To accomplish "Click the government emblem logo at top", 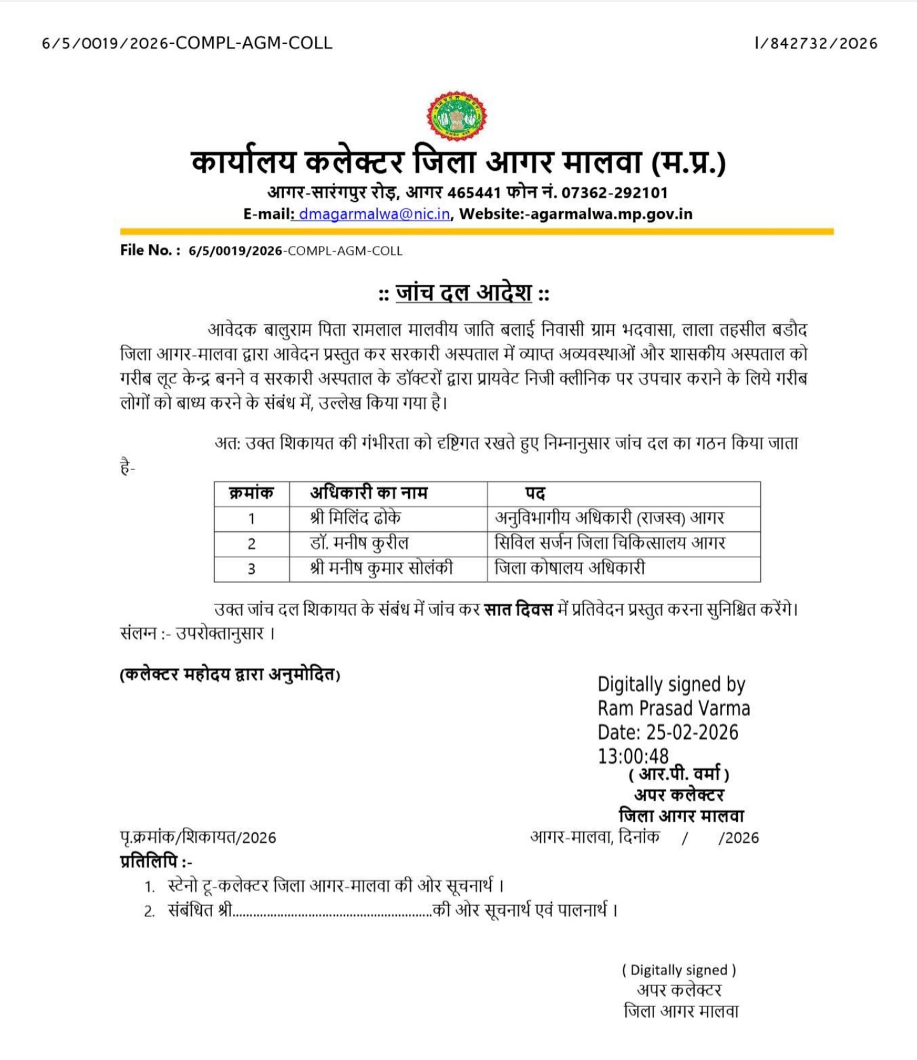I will [457, 116].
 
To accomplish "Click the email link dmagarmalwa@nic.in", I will [374, 214].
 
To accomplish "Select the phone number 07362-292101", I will [615, 192].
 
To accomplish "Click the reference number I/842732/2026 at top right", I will [816, 43].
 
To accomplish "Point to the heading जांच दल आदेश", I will [464, 293].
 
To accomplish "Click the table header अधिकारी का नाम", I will [369, 493].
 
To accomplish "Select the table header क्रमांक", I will [251, 493].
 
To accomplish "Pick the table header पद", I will [535, 494].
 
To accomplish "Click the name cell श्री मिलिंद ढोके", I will [355, 518].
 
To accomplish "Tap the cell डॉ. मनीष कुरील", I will [359, 543].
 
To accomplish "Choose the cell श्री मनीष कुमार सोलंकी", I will [381, 568].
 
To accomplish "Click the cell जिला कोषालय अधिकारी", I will [570, 568].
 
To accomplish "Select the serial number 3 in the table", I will [252, 568].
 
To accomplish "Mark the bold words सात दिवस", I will [518, 610].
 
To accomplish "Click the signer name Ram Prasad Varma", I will [674, 708].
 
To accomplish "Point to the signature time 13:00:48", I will [633, 756].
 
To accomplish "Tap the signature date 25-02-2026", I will [692, 733].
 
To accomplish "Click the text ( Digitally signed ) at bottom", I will [679, 970].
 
